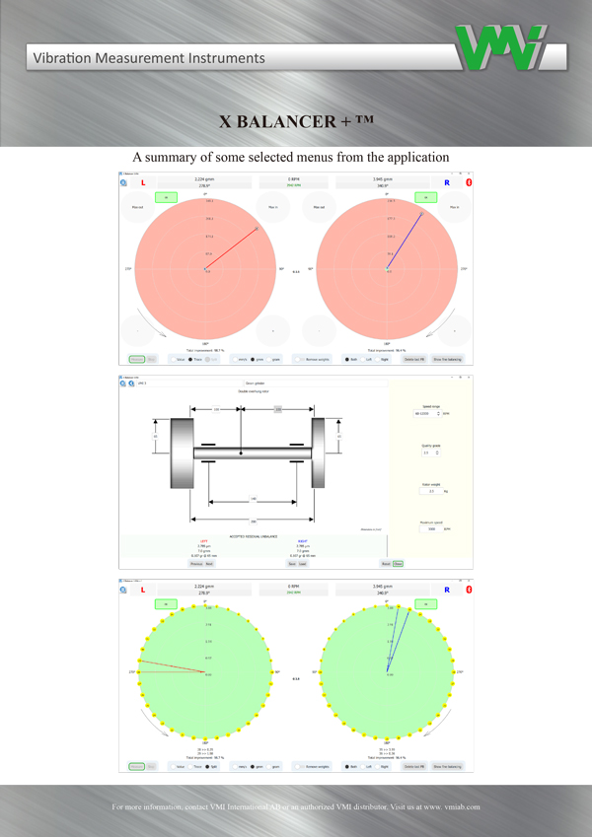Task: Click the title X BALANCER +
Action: [295, 121]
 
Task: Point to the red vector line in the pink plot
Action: [231, 249]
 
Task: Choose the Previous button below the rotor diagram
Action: [194, 564]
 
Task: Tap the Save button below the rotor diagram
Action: [304, 564]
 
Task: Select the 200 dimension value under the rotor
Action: [253, 521]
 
